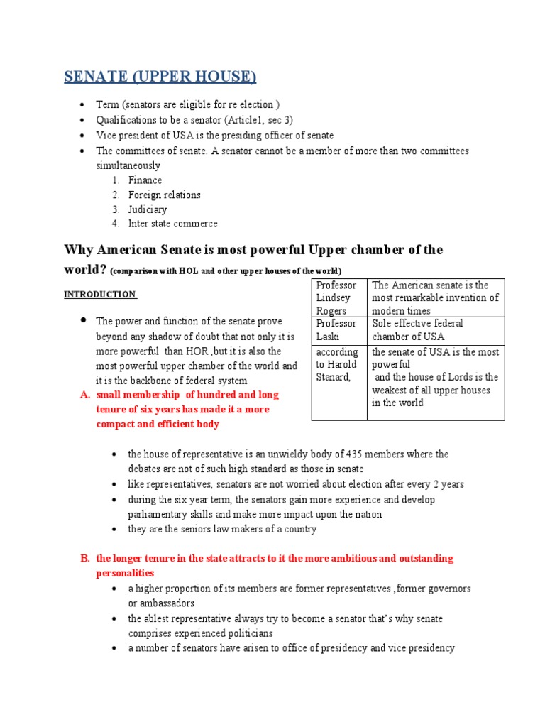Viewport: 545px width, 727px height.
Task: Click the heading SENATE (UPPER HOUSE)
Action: (160, 76)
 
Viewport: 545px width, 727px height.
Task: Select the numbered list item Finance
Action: (145, 180)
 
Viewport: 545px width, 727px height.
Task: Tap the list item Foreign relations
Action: (164, 195)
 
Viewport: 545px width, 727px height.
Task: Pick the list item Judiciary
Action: (148, 209)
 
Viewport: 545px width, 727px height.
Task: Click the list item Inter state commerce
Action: (172, 224)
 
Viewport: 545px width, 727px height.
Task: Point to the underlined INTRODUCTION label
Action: (99, 294)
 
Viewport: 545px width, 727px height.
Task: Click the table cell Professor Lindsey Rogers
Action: (338, 297)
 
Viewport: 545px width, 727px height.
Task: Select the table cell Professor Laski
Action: (338, 329)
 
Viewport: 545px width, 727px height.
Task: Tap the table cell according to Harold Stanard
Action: (338, 364)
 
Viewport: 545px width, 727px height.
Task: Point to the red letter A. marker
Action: (84, 395)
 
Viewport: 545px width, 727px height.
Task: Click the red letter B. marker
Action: (84, 558)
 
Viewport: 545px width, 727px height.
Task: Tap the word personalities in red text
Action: (125, 573)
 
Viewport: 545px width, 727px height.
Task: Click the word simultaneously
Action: (128, 165)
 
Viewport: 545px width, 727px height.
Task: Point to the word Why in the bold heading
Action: (79, 250)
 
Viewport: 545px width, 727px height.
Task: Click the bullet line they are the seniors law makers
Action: (222, 529)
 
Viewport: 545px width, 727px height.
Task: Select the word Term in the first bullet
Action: (108, 105)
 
